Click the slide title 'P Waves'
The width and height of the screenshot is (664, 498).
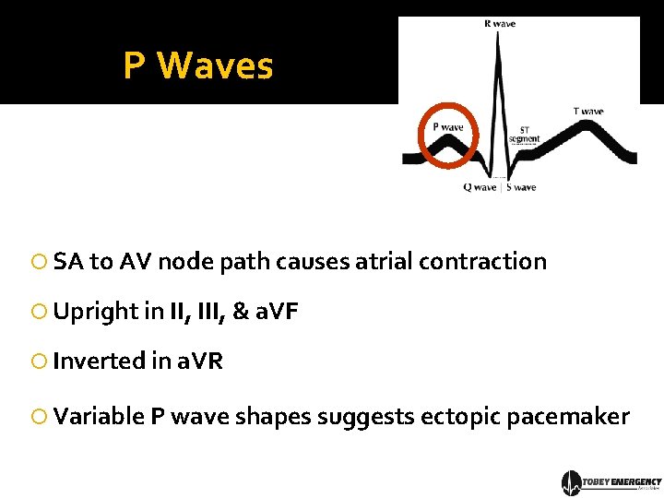tap(198, 65)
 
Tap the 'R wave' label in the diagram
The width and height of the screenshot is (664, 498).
tap(500, 24)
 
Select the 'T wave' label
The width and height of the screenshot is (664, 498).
tap(588, 112)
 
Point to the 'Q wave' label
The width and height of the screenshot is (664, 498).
tap(480, 187)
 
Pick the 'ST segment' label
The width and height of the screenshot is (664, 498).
tap(524, 135)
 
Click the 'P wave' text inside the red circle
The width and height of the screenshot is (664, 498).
tap(448, 127)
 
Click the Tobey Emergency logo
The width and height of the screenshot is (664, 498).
tap(611, 482)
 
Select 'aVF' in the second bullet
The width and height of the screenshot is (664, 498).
tap(277, 312)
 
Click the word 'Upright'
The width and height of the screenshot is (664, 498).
tap(95, 312)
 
